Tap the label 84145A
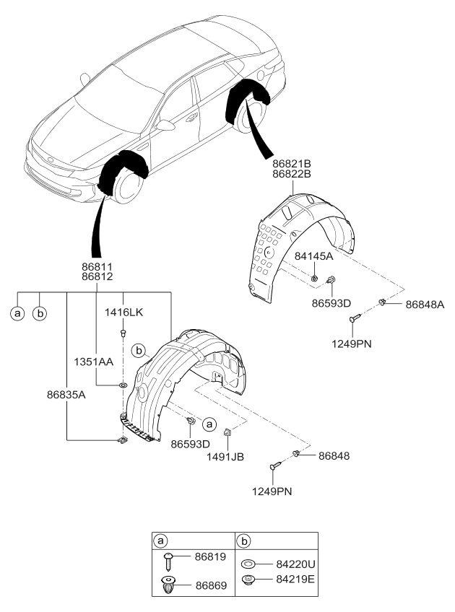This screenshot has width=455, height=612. pyautogui.click(x=313, y=256)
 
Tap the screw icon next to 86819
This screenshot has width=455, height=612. pyautogui.click(x=168, y=559)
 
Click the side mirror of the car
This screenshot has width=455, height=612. pyautogui.click(x=168, y=126)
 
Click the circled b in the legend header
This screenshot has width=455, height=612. pyautogui.click(x=246, y=540)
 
